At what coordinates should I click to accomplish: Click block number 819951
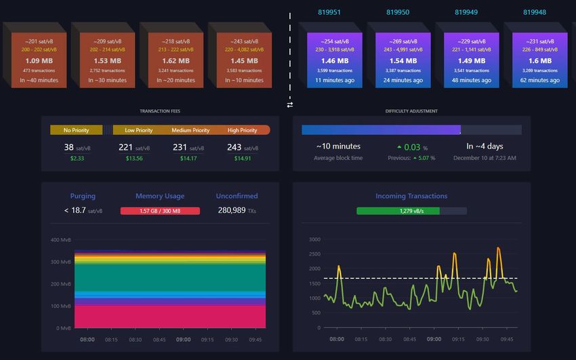click(329, 12)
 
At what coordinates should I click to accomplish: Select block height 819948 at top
click(535, 12)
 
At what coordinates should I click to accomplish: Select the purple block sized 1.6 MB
click(540, 60)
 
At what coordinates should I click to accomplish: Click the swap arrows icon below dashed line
click(290, 104)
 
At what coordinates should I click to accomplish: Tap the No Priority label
click(76, 130)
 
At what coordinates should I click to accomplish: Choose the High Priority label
click(242, 130)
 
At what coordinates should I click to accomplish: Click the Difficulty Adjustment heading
click(411, 111)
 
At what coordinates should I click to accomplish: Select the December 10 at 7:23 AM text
click(485, 158)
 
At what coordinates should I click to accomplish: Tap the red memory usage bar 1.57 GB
click(160, 211)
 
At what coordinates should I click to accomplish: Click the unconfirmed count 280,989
click(231, 211)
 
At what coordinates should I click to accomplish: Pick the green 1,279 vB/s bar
click(398, 211)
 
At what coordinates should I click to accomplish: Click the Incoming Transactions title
click(411, 196)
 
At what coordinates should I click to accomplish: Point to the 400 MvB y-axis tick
click(60, 240)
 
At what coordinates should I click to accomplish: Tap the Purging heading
click(83, 196)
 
